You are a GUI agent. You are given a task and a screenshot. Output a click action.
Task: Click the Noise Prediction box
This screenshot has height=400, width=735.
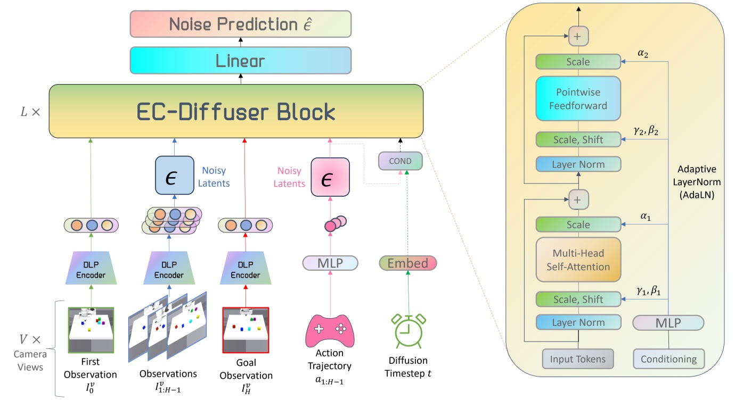pyautogui.click(x=241, y=24)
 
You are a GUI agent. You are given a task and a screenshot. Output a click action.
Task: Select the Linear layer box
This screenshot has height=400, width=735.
pyautogui.click(x=241, y=60)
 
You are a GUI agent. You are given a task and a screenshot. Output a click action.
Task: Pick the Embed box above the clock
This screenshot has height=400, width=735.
pyautogui.click(x=407, y=263)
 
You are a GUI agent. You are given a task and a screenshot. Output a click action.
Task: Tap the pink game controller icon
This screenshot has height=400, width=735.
pyautogui.click(x=330, y=330)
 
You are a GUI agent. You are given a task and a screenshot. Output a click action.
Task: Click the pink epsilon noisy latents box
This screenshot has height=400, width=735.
pyautogui.click(x=330, y=176)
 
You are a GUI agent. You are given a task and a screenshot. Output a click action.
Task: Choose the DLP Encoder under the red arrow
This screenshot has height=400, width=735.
pyautogui.click(x=246, y=269)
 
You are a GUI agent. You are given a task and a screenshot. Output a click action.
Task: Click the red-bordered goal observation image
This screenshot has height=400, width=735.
pyautogui.click(x=246, y=330)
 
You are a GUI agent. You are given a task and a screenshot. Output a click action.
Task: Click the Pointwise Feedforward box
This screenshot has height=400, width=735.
pyautogui.click(x=578, y=99)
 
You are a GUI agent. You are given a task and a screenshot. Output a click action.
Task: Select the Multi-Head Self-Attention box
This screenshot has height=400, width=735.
pyautogui.click(x=578, y=261)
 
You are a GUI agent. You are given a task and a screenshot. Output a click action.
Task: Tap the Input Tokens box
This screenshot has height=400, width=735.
pyautogui.click(x=577, y=359)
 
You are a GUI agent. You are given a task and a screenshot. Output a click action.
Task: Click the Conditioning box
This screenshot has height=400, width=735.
pyautogui.click(x=668, y=359)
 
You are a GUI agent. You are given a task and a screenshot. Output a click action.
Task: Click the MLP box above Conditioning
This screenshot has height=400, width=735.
pyautogui.click(x=668, y=322)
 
